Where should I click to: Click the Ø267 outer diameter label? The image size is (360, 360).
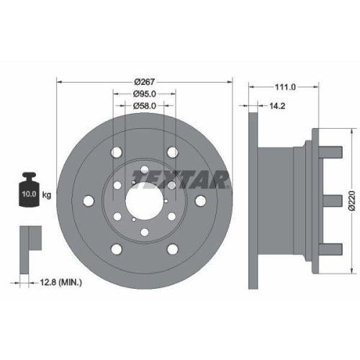[x=144, y=81]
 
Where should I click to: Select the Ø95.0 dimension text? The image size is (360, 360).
[x=144, y=94]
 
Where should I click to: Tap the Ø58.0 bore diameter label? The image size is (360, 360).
[x=144, y=106]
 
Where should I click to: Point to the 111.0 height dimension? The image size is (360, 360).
[x=286, y=86]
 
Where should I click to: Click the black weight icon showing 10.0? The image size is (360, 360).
[x=28, y=191]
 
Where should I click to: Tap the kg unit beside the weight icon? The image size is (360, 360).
[x=47, y=195]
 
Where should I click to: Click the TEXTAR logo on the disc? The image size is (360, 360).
[x=180, y=178]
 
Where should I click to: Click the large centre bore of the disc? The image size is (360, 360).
[x=144, y=200]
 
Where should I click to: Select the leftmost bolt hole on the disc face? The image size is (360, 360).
[x=88, y=200]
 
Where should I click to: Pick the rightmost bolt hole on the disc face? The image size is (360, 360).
[x=201, y=200]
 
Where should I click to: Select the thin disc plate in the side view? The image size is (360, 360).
[x=252, y=199]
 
